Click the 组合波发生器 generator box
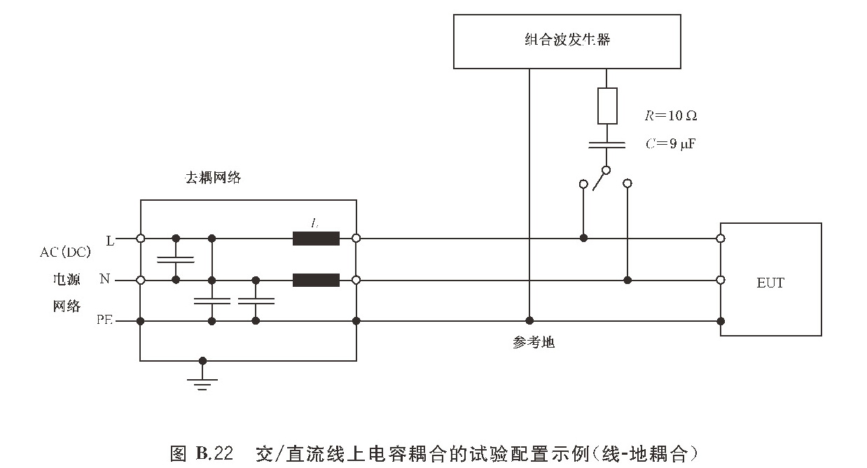click(x=567, y=40)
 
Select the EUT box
click(x=770, y=279)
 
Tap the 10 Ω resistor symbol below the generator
click(x=607, y=106)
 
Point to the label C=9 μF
click(x=670, y=144)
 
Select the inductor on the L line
click(x=316, y=239)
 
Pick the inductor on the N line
click(x=316, y=280)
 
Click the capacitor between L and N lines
click(x=176, y=260)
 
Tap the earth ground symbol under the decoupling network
click(x=202, y=382)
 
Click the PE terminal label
click(x=104, y=321)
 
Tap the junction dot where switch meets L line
click(x=583, y=239)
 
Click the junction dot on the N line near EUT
click(x=627, y=280)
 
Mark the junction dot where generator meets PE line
click(x=529, y=321)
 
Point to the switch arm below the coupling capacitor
click(x=600, y=180)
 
